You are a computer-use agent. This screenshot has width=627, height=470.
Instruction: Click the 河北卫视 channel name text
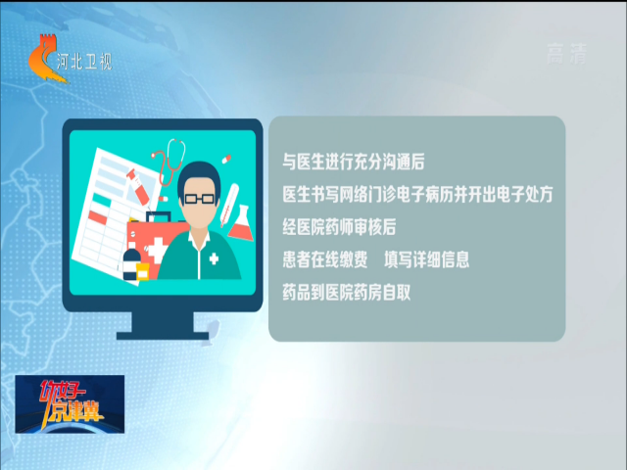84,62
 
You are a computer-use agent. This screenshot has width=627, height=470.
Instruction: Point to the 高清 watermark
566,54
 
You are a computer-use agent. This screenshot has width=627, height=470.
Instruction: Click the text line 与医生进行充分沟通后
354,162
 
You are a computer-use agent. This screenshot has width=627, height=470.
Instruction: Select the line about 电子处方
417,195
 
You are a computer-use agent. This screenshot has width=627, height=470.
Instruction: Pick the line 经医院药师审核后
339,227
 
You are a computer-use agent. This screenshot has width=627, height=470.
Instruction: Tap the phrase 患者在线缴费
325,259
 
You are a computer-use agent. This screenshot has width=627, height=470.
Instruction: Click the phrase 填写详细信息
427,259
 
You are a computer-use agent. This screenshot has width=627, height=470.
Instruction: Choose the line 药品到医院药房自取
346,293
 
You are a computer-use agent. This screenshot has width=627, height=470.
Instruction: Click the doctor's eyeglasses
200,198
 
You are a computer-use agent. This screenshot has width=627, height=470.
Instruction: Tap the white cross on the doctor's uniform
214,258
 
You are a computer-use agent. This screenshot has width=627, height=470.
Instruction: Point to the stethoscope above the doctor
169,161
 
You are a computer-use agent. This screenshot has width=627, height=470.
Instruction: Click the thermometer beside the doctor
229,205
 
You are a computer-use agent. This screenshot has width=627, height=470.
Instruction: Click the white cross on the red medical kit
157,251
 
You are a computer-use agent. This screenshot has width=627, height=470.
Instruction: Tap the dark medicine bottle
130,264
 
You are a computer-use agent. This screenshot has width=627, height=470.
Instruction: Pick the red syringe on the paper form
138,187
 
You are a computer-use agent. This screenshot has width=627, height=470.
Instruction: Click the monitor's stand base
163,335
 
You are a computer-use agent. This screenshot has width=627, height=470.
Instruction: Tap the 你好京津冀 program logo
70,403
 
